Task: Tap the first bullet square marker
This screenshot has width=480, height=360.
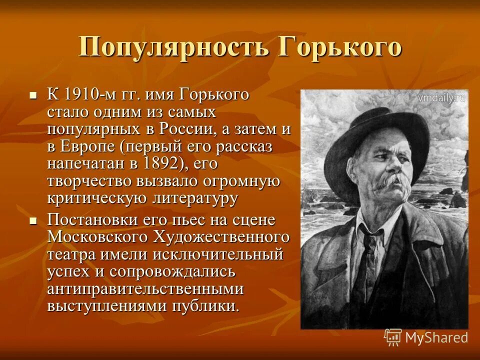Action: (34, 94)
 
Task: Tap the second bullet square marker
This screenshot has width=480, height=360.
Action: (34, 220)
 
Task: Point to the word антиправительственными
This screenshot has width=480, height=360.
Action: (145, 289)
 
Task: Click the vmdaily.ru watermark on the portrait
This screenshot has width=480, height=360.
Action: (441, 98)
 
